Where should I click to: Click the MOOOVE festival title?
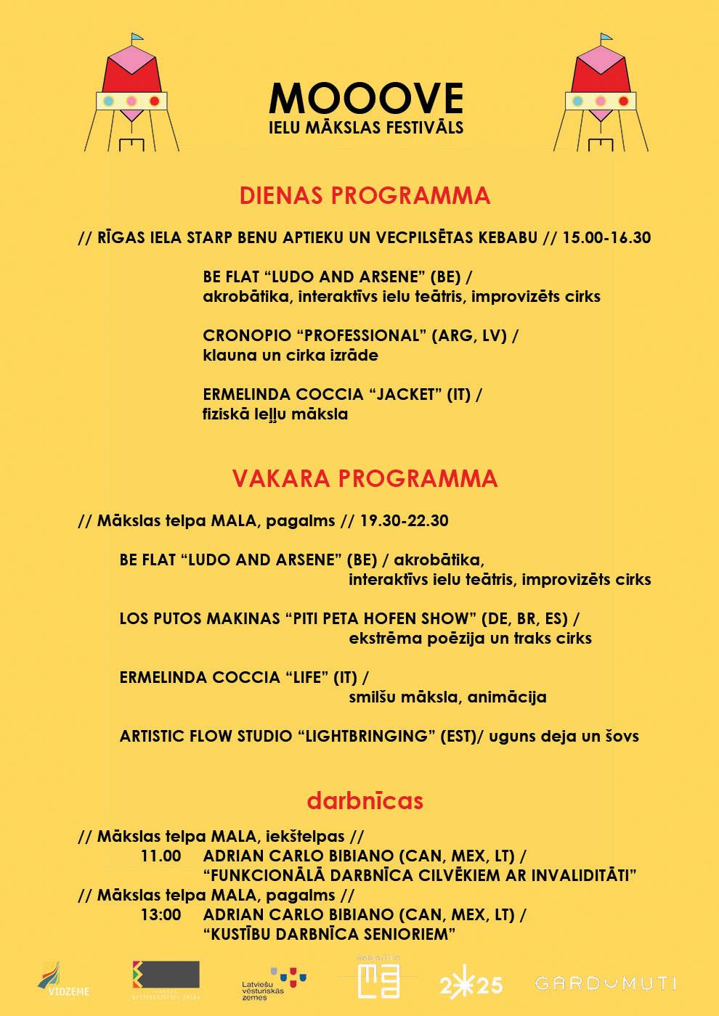365,97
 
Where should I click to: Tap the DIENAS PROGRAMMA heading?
365,195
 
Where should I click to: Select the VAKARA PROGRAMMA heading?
365,478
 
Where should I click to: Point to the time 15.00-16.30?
606,237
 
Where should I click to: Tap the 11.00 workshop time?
161,856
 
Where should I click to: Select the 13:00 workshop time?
161,914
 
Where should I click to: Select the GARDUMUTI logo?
606,983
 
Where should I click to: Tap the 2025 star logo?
471,984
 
